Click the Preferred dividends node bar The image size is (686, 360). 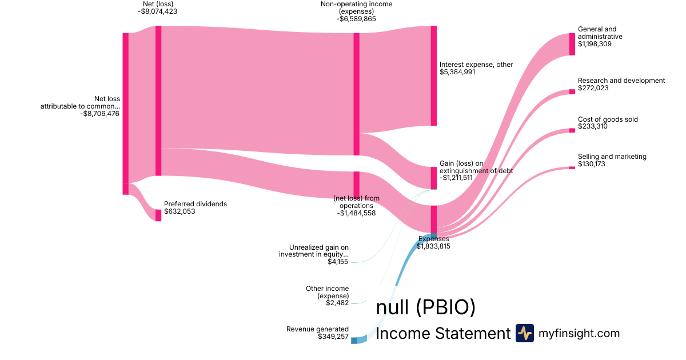(158, 215)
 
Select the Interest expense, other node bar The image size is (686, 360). (434, 75)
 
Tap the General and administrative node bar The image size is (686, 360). (572, 45)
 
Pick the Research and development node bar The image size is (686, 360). (572, 92)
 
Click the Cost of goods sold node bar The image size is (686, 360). (572, 130)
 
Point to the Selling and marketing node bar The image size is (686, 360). (572, 168)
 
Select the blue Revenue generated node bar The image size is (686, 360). (354, 341)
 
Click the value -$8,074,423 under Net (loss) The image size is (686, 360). (157, 11)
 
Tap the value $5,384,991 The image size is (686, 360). (457, 72)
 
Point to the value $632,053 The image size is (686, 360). (180, 211)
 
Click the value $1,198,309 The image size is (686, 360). (595, 44)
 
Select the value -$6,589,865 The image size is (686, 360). (356, 19)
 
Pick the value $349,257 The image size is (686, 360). (333, 337)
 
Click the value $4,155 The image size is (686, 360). (338, 262)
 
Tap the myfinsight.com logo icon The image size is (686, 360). (525, 333)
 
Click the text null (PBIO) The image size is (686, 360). (425, 307)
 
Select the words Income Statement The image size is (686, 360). (443, 333)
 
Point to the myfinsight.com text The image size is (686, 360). (579, 333)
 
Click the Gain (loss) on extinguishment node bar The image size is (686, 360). (434, 178)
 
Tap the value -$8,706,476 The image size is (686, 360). (100, 114)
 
